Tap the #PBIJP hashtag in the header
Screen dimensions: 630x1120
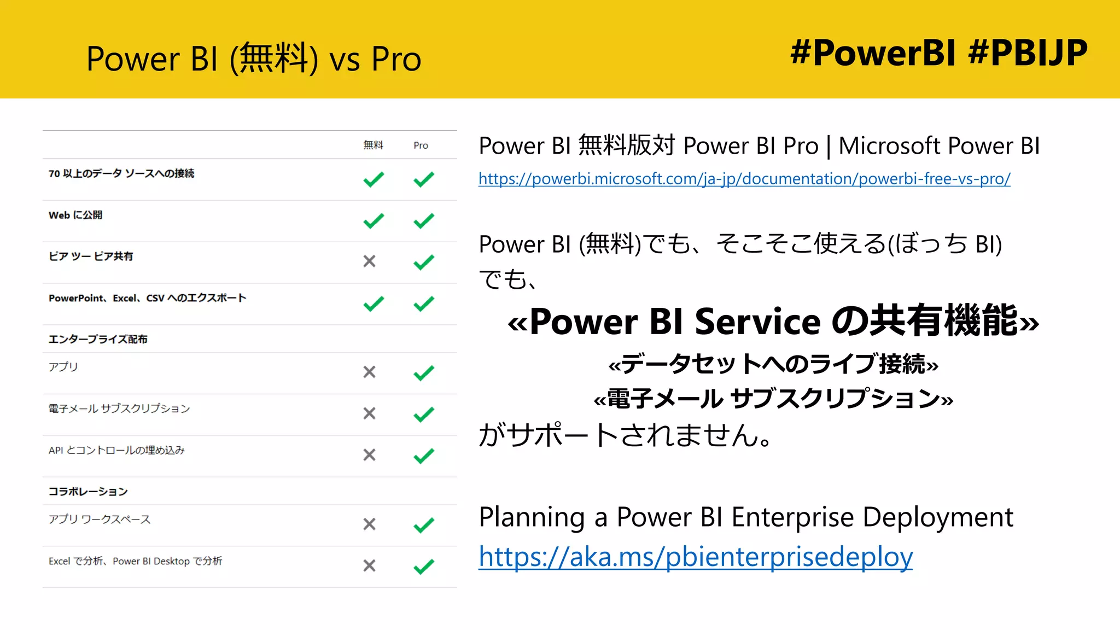pyautogui.click(x=1028, y=53)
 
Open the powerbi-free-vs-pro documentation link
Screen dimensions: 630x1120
pyautogui.click(x=744, y=179)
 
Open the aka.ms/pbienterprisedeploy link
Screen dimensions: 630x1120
pyautogui.click(x=696, y=557)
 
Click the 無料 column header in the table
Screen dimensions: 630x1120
pyautogui.click(x=373, y=145)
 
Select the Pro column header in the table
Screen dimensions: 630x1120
pyautogui.click(x=421, y=145)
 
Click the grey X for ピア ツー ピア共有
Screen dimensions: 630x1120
pyautogui.click(x=370, y=261)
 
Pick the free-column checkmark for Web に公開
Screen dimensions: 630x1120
pyautogui.click(x=374, y=221)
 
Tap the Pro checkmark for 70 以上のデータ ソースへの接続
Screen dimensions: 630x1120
pyautogui.click(x=424, y=179)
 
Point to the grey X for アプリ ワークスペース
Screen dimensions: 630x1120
pyautogui.click(x=370, y=524)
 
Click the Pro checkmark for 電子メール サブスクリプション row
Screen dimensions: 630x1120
pyautogui.click(x=424, y=414)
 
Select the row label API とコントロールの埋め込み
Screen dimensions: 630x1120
pyautogui.click(x=116, y=450)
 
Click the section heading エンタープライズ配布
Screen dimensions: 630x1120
pyautogui.click(x=98, y=339)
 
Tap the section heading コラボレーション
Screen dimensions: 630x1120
pyautogui.click(x=88, y=491)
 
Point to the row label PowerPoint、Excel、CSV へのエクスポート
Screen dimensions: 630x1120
pyautogui.click(x=147, y=298)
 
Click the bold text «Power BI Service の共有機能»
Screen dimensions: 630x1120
pyautogui.click(x=773, y=321)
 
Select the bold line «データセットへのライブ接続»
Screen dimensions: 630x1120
pyautogui.click(x=773, y=364)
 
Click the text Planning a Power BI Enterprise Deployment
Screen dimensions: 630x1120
pyautogui.click(x=746, y=517)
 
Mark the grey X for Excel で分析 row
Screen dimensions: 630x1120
pyautogui.click(x=370, y=565)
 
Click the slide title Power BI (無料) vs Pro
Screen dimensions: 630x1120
pyautogui.click(x=254, y=59)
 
